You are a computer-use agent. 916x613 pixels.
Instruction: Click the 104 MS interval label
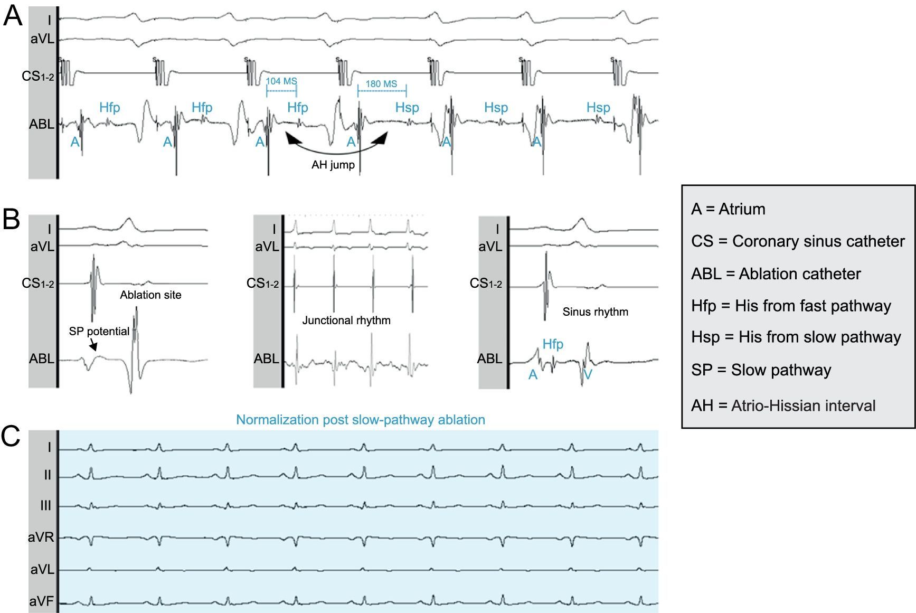pos(281,81)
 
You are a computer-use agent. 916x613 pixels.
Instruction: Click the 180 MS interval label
pos(381,84)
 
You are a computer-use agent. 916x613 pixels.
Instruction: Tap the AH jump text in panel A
pos(333,165)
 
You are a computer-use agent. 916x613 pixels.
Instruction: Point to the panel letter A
pos(13,16)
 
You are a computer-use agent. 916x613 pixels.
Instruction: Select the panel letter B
pos(12,219)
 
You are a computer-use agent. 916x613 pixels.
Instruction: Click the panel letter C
pos(11,436)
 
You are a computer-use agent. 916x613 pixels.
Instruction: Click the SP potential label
pos(99,332)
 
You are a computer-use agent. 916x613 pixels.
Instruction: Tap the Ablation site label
pos(150,295)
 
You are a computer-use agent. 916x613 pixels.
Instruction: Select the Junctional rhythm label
pos(346,320)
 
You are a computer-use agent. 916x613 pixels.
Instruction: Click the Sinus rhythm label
pos(595,312)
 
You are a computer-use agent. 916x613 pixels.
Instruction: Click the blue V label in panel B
pos(588,375)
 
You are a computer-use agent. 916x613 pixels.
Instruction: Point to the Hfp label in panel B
pos(553,344)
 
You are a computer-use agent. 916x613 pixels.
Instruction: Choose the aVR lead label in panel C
pos(41,537)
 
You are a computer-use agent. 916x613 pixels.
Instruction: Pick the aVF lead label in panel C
pos(41,601)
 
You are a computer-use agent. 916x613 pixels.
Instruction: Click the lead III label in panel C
pos(46,506)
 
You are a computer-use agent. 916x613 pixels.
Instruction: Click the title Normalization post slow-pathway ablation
pos(360,420)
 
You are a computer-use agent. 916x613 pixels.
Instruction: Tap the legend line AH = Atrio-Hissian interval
pos(783,405)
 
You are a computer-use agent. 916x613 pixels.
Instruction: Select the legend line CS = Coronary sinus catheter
pos(798,241)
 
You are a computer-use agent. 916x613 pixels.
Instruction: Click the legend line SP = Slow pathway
pos(761,370)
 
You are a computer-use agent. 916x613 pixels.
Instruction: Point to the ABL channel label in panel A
pos(41,124)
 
